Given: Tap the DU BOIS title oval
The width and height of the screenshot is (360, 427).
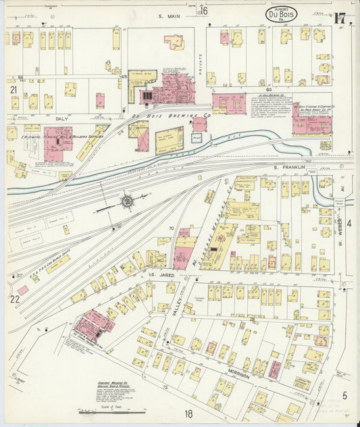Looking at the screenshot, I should tap(280, 14).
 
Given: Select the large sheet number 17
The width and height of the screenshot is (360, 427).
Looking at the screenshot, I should tap(340, 18).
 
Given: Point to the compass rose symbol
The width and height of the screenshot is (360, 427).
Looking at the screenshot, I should tap(126, 201).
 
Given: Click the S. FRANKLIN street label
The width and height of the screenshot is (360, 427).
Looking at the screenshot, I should tap(286, 166).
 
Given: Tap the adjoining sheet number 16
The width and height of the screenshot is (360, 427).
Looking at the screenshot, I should tap(203, 10).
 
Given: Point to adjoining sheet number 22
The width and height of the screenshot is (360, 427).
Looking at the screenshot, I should tap(14, 298).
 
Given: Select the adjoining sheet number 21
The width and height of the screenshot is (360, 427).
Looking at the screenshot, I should tap(13, 89).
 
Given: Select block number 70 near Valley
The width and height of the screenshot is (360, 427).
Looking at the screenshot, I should tap(171, 230).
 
